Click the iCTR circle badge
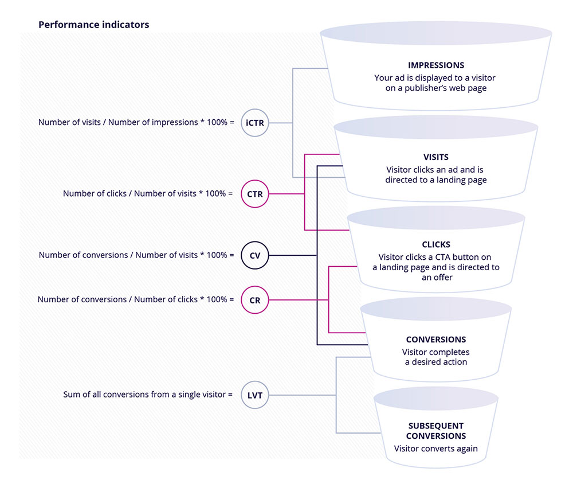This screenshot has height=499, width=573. (x=255, y=123)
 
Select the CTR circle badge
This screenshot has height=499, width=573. (x=255, y=194)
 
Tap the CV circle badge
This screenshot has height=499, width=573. (x=255, y=256)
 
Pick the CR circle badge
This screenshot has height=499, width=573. (x=255, y=300)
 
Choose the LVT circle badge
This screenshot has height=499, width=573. (x=255, y=395)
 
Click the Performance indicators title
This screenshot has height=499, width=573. (x=93, y=25)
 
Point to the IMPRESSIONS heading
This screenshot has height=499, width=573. (x=436, y=65)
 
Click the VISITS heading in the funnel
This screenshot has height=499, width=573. (x=436, y=157)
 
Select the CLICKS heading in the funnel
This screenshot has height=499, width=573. (x=436, y=244)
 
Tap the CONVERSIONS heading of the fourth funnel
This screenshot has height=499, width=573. (x=436, y=340)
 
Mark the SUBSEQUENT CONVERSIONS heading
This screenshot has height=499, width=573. (x=436, y=431)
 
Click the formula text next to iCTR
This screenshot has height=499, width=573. (x=136, y=123)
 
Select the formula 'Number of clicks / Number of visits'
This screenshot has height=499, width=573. (x=148, y=194)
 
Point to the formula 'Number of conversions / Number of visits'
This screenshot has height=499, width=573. (x=136, y=255)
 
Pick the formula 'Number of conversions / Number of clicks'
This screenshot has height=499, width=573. (x=136, y=299)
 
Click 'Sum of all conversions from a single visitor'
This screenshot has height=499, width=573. (x=148, y=395)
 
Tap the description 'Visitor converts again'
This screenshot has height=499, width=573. (x=436, y=449)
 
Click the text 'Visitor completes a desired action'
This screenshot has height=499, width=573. (x=436, y=357)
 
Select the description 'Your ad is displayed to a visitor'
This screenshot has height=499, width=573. (x=436, y=77)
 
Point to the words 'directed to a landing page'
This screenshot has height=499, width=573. (x=436, y=180)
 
